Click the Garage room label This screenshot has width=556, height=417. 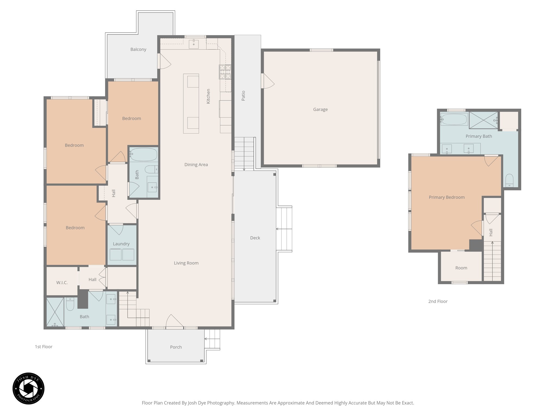[320, 109]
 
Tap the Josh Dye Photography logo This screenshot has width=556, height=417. [29, 388]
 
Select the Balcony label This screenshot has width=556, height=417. [138, 49]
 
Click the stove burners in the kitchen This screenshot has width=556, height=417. [225, 72]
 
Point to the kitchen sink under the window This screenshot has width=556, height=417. [194, 44]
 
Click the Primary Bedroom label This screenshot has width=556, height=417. [447, 197]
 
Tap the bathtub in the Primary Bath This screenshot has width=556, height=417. [454, 119]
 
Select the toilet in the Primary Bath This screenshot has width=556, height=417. [509, 180]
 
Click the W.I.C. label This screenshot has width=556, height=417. [62, 283]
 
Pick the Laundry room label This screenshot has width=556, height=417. [121, 244]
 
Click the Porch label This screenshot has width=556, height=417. [176, 347]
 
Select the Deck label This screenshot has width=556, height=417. [255, 238]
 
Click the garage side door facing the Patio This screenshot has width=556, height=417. [267, 81]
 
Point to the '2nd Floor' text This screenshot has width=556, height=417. [438, 301]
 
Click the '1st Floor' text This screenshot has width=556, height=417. [43, 347]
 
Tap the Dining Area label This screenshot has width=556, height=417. [196, 165]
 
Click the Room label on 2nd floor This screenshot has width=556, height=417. [461, 268]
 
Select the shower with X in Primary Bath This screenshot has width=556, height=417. [483, 120]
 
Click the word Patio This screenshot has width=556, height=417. [243, 96]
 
